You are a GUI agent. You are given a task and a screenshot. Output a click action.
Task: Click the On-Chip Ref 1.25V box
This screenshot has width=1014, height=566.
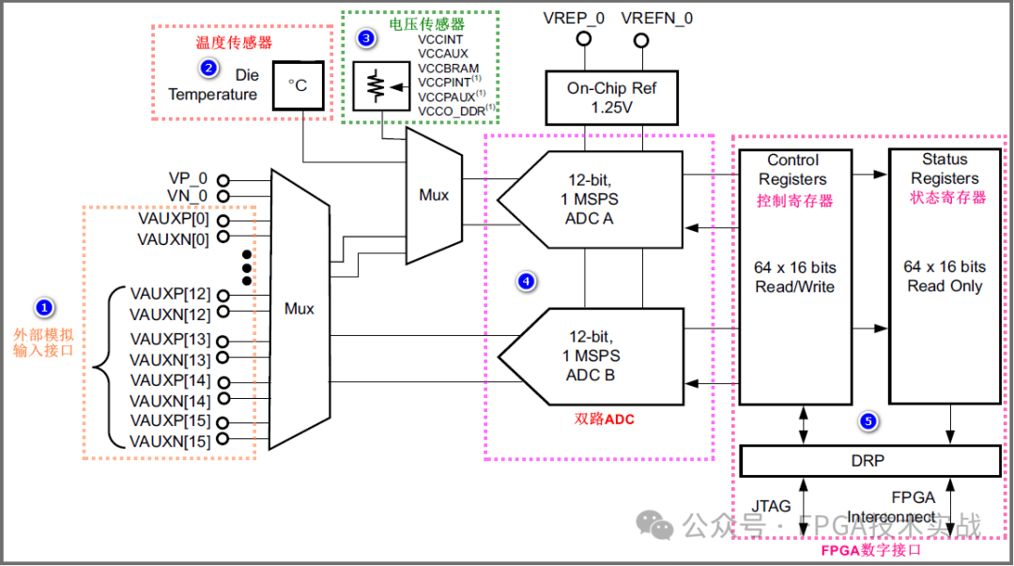pos(611,98)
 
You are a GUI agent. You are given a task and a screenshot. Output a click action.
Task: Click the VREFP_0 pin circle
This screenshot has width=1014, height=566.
pos(583,39)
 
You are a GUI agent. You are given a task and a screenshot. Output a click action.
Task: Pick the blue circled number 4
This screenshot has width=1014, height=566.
pos(527,280)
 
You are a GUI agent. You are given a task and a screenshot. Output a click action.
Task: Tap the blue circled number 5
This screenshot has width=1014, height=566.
pos(868,422)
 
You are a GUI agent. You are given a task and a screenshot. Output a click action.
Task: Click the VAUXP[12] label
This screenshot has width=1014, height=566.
pos(170,294)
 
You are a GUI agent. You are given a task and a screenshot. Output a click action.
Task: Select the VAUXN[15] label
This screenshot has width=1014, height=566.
pos(170,441)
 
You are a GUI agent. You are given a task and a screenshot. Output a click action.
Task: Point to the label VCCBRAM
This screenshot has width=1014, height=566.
pos(449,69)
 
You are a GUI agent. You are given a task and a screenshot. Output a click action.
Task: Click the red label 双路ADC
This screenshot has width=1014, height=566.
pos(604,420)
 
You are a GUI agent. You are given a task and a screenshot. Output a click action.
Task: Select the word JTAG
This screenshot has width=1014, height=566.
pos(771,506)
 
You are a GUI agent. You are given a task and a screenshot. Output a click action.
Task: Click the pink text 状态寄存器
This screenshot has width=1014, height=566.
pos(947,198)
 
